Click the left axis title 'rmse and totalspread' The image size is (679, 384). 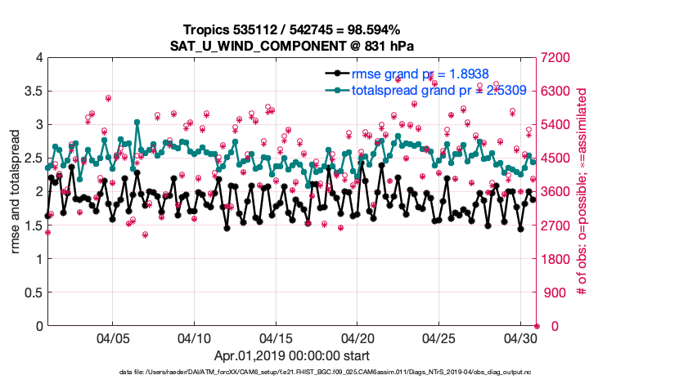coord(16,192)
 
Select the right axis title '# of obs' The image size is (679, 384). coord(582,192)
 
